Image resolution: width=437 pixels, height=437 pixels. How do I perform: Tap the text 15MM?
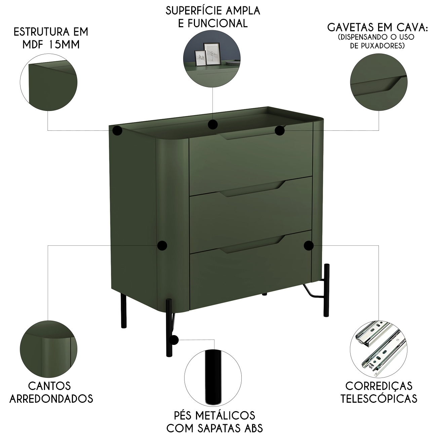coord(65,45)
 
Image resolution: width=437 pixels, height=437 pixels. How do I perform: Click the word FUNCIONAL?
coord(218,23)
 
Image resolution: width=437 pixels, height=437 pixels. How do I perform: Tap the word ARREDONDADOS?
coord(51,398)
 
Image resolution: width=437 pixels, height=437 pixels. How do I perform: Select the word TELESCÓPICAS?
coord(379,398)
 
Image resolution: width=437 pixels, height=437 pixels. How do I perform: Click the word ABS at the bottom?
coord(253,428)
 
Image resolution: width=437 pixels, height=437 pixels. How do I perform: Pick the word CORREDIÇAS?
coord(379,386)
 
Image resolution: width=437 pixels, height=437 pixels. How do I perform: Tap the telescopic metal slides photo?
coord(378,349)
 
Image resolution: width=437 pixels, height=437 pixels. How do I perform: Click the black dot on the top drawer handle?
coord(280,131)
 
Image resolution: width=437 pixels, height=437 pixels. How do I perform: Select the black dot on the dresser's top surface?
coord(213,124)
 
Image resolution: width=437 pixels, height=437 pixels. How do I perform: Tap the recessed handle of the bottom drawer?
coord(252,244)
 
